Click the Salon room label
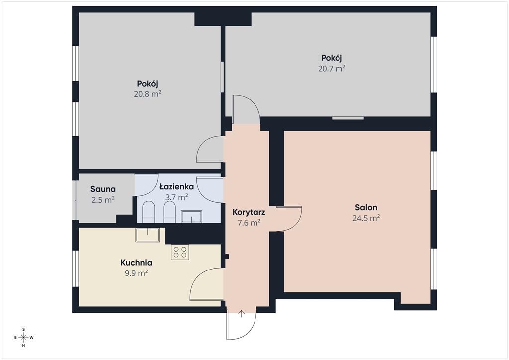pos(366,207)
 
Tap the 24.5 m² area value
pos(366,218)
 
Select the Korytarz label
pos(249,212)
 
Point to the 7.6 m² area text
pos(249,223)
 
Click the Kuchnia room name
pos(136,262)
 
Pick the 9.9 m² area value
pos(136,273)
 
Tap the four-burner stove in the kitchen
pos(180,252)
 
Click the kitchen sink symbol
pos(147,235)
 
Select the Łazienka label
pos(176,186)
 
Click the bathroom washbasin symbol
pos(191,216)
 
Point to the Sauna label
pos(103,189)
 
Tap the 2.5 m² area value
pos(103,200)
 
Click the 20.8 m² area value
pos(147,94)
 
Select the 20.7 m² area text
pos(332,69)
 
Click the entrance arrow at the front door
pos(242,314)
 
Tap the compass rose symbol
pos(24,337)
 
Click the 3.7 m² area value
pos(176,197)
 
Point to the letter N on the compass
pos(24,346)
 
